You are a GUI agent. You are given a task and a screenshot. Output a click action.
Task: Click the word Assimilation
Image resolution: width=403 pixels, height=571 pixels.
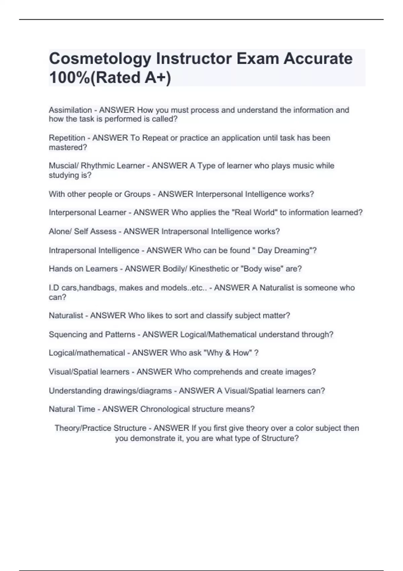(70, 110)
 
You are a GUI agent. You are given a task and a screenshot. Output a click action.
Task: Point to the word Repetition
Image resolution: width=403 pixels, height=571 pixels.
(67, 138)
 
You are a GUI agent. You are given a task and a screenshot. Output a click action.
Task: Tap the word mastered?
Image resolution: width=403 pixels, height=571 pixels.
(68, 147)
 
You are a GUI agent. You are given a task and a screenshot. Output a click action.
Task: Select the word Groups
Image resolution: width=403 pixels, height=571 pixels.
(137, 194)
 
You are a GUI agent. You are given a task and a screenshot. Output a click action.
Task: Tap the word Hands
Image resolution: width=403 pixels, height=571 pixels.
(60, 269)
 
